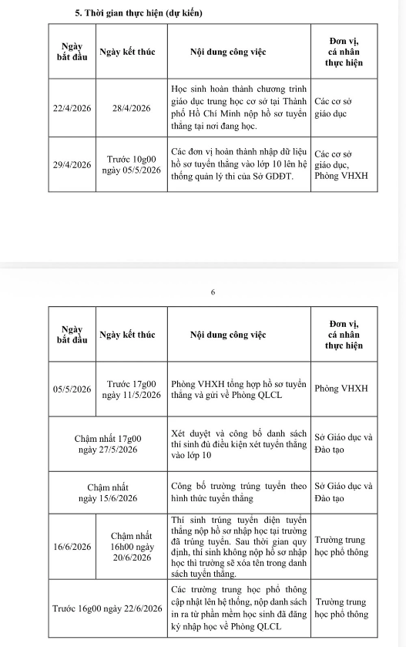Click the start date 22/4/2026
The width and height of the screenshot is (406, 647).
pyautogui.click(x=72, y=109)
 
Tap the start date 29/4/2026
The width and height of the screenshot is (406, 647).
pyautogui.click(x=72, y=165)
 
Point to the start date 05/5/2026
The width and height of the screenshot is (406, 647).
pyautogui.click(x=72, y=389)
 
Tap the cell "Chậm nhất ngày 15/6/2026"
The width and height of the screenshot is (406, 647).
pyautogui.click(x=107, y=492)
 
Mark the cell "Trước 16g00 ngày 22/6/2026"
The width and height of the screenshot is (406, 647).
pyautogui.click(x=107, y=608)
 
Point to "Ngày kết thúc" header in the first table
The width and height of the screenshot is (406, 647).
pyautogui.click(x=127, y=52)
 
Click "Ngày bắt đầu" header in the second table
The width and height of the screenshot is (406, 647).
pyautogui.click(x=72, y=335)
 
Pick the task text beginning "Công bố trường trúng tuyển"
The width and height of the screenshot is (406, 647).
pyautogui.click(x=239, y=492)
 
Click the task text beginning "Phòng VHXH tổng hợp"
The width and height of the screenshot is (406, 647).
pyautogui.click(x=239, y=389)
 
